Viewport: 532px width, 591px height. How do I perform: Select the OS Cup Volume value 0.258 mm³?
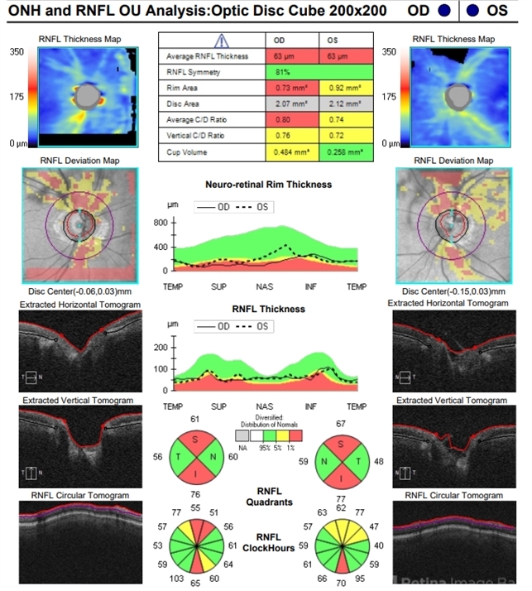pos(346,153)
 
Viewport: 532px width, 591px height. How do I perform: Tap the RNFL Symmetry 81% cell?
pos(319,72)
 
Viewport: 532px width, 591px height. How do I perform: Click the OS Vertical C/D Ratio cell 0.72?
pos(346,137)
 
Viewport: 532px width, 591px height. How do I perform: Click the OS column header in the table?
pos(346,40)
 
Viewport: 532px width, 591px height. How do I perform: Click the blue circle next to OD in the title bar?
pos(445,11)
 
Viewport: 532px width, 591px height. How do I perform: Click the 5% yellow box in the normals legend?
pos(281,434)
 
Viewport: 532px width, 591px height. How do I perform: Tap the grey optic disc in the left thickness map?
pos(85,97)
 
